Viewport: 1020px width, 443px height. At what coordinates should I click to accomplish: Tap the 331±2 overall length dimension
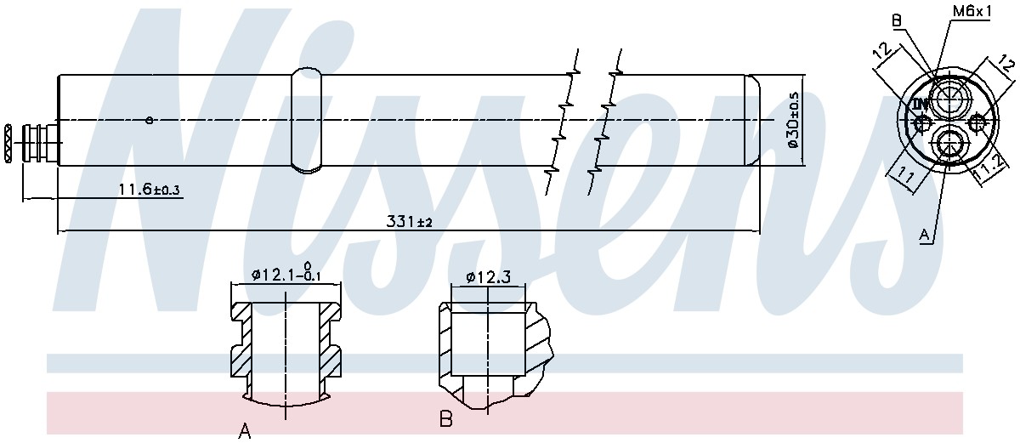[409, 222]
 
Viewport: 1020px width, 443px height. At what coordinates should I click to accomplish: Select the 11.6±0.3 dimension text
[149, 189]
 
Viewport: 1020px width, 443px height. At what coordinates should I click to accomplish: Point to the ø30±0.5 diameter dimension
[793, 120]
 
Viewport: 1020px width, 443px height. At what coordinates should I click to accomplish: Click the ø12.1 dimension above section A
[286, 273]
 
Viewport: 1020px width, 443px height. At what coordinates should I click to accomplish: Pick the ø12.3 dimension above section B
[489, 277]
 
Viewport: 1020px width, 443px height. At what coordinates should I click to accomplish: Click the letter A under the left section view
[245, 431]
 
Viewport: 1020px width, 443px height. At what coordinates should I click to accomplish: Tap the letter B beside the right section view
[445, 418]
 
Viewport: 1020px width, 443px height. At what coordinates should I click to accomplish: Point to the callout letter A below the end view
[924, 235]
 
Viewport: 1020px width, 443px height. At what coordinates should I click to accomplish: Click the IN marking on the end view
[920, 105]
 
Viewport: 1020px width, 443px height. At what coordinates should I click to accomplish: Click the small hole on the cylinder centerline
[150, 121]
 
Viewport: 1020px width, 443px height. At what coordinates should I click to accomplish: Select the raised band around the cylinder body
[307, 121]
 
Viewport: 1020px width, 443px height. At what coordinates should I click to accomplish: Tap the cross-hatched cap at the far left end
[8, 143]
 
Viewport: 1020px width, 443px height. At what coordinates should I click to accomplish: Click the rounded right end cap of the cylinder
[751, 120]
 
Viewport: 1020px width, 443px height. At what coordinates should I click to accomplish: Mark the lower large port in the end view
[949, 145]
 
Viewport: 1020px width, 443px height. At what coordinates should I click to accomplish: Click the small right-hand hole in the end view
[977, 122]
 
